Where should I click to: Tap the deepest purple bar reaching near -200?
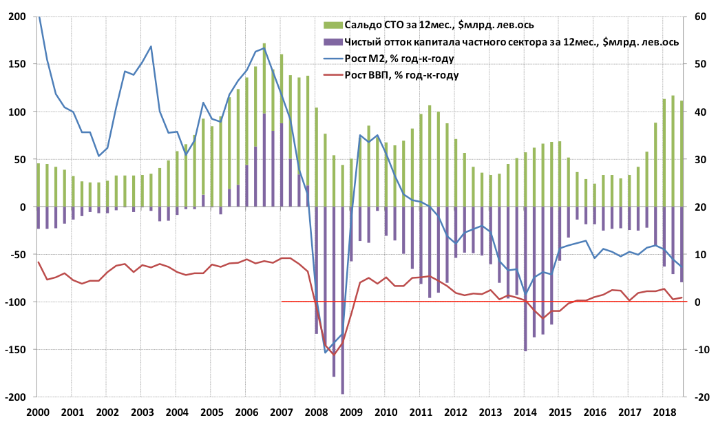click(343, 303)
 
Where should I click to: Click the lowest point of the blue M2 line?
click(325, 353)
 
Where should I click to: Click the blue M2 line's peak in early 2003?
click(151, 46)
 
